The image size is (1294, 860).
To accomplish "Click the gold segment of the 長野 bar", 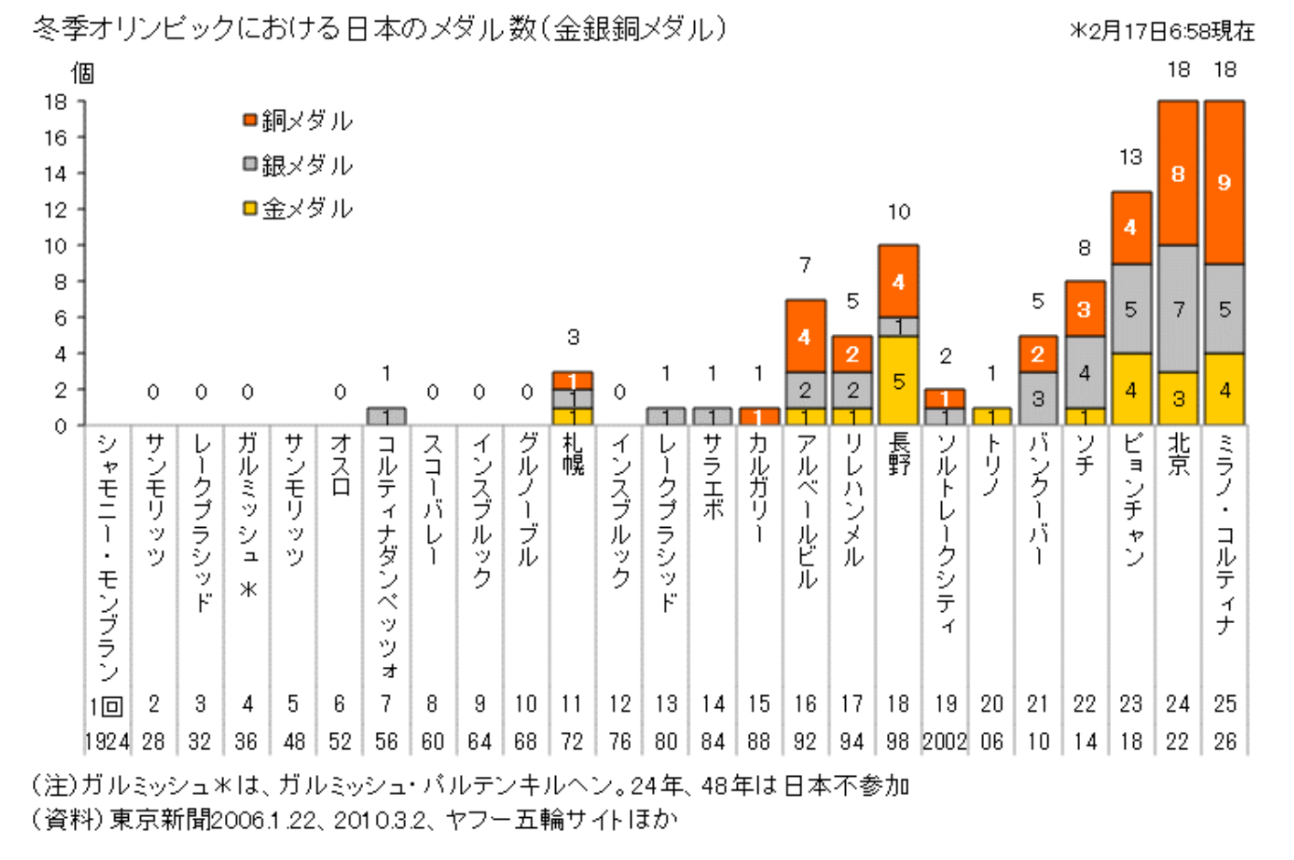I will (x=898, y=381).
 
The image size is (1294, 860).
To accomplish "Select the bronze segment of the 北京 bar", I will (x=1178, y=173).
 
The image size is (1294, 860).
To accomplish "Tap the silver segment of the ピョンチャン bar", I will (x=1131, y=309).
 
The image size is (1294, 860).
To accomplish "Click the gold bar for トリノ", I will (x=991, y=416).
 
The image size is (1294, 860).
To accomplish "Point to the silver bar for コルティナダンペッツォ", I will (x=386, y=416).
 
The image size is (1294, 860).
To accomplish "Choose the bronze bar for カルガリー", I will (x=759, y=416).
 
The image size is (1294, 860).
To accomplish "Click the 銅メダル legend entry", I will (x=298, y=121).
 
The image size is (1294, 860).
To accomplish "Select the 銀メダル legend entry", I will (x=298, y=165).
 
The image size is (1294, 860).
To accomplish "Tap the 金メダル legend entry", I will (x=298, y=209).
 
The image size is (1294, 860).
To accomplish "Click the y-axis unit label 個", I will (x=83, y=73).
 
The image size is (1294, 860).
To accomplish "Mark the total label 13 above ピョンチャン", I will (x=1131, y=157).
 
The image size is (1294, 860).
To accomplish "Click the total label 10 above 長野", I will (x=898, y=212).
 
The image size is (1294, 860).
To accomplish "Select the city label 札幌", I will (x=572, y=454).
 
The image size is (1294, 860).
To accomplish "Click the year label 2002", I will (x=945, y=741).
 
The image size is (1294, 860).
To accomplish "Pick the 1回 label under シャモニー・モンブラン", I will (x=106, y=705).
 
